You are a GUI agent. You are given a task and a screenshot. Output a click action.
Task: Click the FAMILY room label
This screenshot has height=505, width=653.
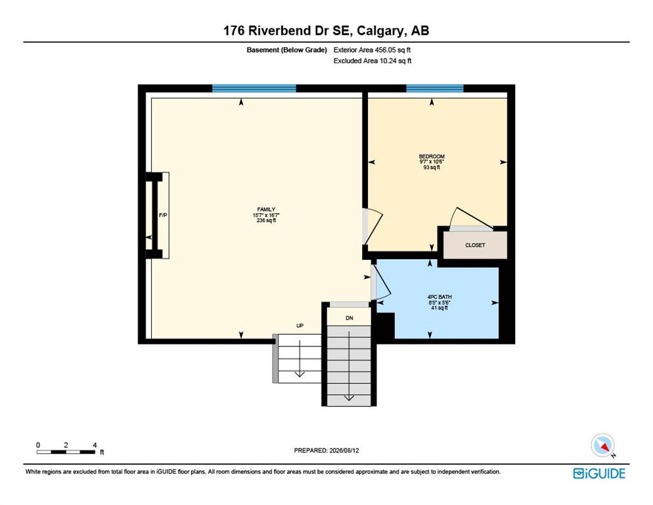(266, 209)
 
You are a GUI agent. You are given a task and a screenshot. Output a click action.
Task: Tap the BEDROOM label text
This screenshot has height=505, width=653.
(432, 156)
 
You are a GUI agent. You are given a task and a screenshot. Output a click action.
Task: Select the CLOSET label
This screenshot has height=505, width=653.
(475, 245)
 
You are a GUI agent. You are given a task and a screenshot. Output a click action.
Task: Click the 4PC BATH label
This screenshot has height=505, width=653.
(439, 297)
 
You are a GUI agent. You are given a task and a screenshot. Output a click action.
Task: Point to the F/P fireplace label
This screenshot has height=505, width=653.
(163, 215)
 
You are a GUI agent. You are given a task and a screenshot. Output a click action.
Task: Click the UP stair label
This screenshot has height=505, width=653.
(300, 325)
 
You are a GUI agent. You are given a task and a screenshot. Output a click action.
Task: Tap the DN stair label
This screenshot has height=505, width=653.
(349, 318)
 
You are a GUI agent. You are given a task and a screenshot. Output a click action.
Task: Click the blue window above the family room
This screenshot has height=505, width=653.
(254, 88)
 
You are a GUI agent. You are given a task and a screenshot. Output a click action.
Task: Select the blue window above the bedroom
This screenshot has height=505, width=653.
(435, 88)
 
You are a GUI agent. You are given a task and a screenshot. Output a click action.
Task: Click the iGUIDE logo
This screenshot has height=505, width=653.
(599, 473)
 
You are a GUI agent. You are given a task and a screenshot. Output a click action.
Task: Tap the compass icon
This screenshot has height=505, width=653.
(603, 445)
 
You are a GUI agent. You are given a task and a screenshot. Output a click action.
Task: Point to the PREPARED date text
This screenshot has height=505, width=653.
(326, 450)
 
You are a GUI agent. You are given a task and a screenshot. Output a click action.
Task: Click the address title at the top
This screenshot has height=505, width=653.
(326, 30)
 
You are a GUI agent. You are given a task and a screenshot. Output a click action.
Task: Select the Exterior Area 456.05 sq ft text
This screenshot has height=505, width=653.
(372, 50)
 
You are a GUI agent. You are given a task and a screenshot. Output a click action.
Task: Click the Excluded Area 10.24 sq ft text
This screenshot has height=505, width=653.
(372, 61)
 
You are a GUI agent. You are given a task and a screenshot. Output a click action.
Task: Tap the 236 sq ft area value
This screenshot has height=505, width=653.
(266, 220)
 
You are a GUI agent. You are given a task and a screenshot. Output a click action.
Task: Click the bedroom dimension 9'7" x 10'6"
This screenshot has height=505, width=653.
(432, 162)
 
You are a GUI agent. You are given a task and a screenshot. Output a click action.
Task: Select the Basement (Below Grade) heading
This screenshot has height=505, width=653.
(287, 50)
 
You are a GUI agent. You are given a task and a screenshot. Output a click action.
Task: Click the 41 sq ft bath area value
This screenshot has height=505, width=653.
(439, 308)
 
